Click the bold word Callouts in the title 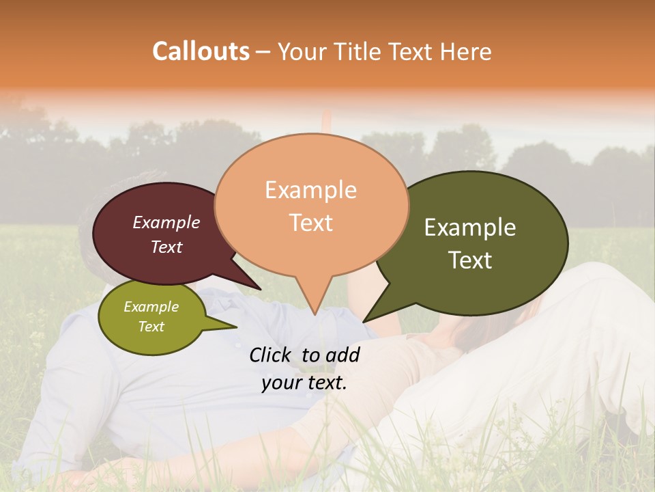click(x=201, y=51)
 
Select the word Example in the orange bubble click(x=310, y=190)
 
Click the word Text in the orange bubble click(x=310, y=223)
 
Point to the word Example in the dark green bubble click(x=470, y=228)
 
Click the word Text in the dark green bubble click(x=470, y=260)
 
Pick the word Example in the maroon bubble click(x=166, y=222)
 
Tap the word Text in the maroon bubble click(x=166, y=247)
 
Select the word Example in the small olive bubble click(x=151, y=307)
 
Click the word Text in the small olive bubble click(x=151, y=327)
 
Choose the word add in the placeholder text click(x=343, y=355)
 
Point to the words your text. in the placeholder click(x=304, y=383)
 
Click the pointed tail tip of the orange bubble click(x=314, y=315)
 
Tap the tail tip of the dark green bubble click(x=363, y=322)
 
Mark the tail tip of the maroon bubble click(x=261, y=290)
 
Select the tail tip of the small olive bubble click(x=237, y=327)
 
